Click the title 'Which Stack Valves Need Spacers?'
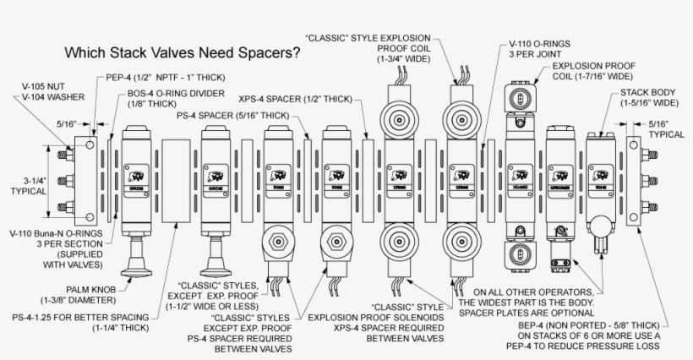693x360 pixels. pos(183,52)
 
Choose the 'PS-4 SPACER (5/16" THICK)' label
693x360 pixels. pos(232,115)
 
